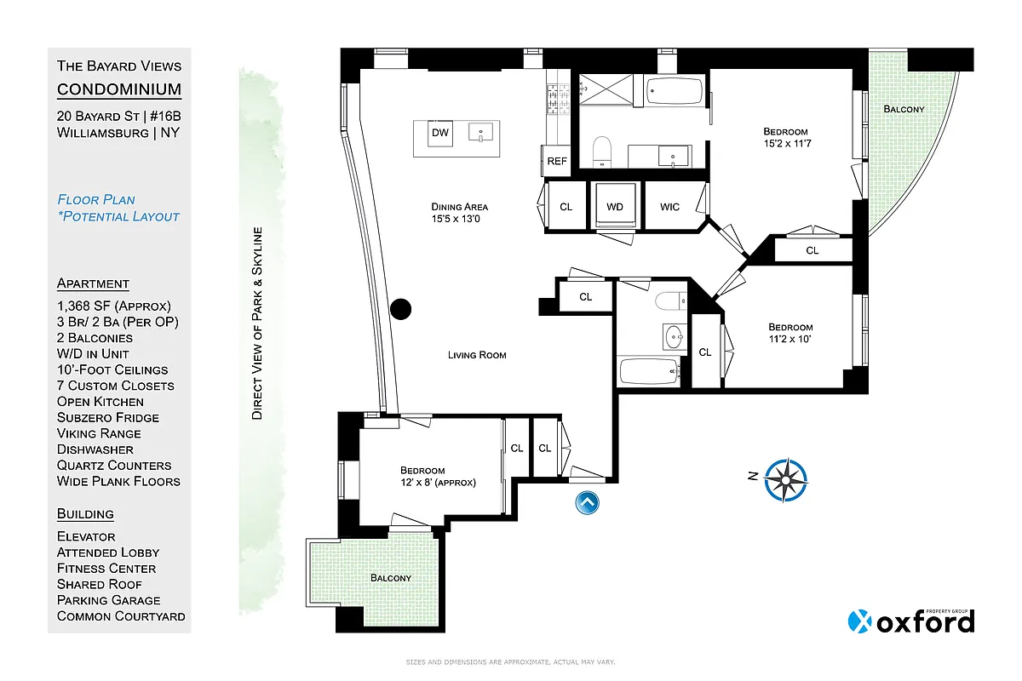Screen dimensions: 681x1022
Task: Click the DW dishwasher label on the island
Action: [x=439, y=134]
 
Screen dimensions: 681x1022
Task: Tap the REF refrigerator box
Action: [x=557, y=161]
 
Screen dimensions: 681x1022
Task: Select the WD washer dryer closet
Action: [x=615, y=207]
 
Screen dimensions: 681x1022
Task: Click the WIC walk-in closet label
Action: [x=670, y=207]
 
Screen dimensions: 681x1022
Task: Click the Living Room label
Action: [x=477, y=355]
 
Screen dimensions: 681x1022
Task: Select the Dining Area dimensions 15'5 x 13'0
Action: [x=459, y=220]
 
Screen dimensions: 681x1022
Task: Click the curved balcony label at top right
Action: [x=903, y=110]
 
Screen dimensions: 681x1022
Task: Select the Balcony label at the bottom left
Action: [x=390, y=578]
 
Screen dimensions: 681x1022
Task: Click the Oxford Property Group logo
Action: [x=910, y=621]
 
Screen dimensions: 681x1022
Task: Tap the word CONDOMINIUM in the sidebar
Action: [x=118, y=89]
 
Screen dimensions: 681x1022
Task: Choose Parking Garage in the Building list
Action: [x=110, y=600]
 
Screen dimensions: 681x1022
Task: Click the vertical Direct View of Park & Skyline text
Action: [x=256, y=323]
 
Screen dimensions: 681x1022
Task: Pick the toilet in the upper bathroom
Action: [x=601, y=150]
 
